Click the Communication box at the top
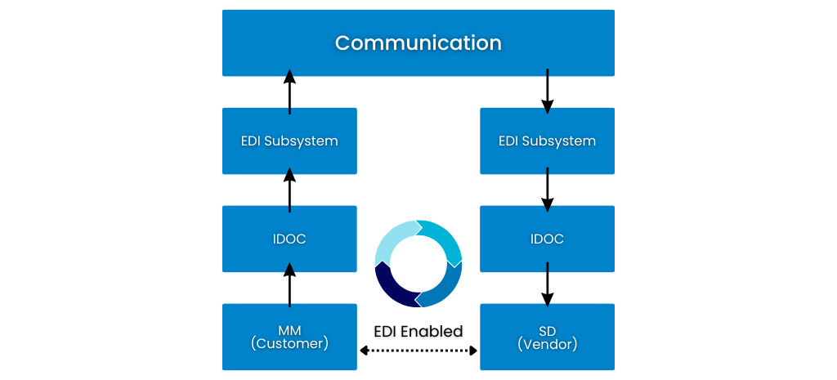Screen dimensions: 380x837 [418, 42]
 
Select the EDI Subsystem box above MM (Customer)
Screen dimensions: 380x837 [289, 141]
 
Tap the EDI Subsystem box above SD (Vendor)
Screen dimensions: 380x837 [547, 141]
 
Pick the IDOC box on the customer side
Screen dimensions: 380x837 [289, 239]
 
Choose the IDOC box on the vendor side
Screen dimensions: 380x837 [547, 239]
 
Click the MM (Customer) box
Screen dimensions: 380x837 [289, 337]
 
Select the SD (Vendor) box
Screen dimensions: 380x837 [547, 337]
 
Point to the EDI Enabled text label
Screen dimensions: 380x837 [418, 331]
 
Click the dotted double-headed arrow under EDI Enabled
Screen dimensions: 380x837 [418, 351]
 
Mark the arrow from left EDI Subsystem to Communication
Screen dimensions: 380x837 [289, 92]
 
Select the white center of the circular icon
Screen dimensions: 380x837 [418, 263]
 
